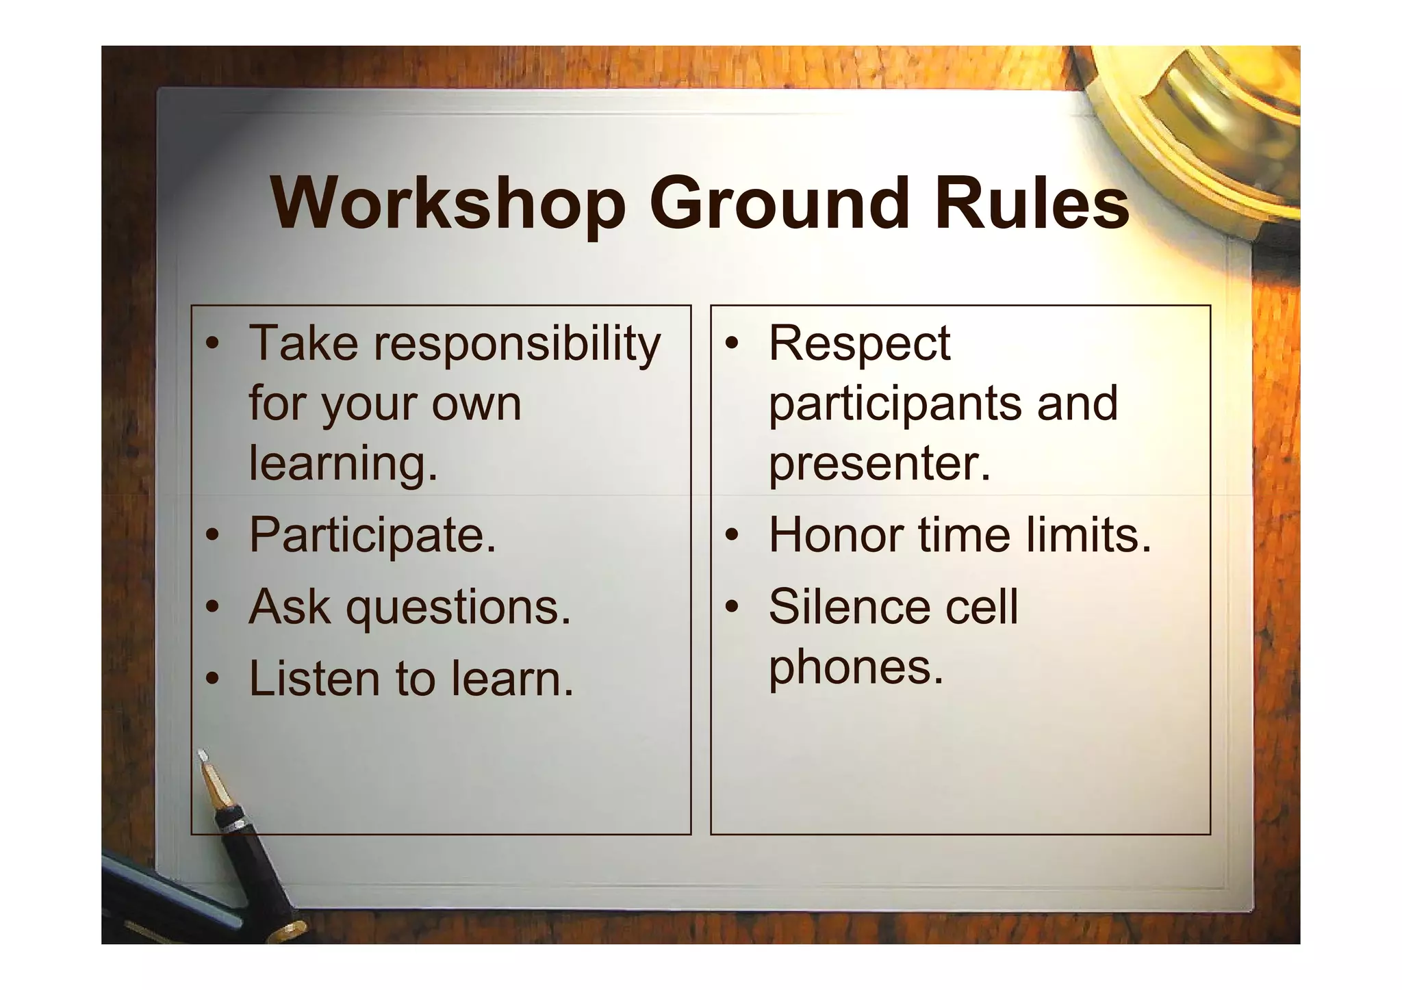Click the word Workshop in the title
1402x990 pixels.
tap(448, 204)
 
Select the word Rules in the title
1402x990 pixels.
tap(1032, 204)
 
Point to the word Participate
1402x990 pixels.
tap(372, 535)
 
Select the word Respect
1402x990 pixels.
tap(859, 344)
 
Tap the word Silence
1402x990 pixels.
tap(849, 607)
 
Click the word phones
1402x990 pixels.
tap(856, 668)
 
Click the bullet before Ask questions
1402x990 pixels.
tap(214, 608)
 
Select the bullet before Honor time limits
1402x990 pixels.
tap(732, 535)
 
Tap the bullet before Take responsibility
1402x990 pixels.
tap(214, 343)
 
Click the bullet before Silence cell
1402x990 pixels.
tap(732, 608)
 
